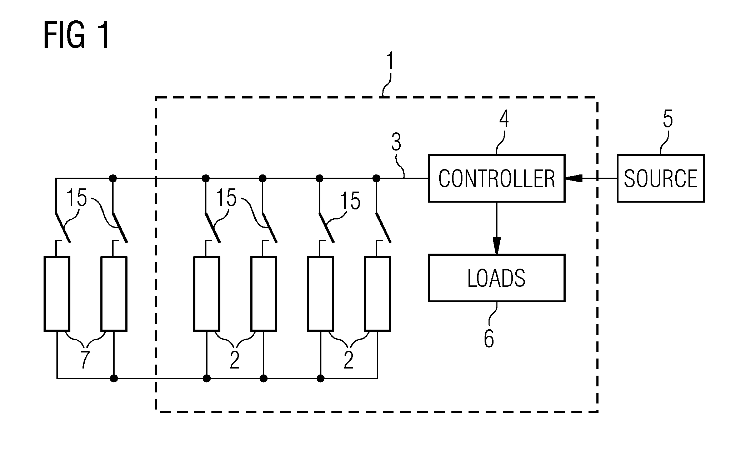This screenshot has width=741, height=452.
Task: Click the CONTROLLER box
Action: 496,178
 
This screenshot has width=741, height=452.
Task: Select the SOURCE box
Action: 661,178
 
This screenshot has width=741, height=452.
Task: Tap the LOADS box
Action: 496,278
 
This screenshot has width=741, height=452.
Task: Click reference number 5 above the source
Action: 667,119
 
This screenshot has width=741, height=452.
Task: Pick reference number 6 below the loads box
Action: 489,338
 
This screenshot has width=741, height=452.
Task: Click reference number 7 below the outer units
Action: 84,360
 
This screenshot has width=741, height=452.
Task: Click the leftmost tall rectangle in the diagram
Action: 57,294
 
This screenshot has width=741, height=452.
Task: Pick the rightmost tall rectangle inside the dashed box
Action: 377,294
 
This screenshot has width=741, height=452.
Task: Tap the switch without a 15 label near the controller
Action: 383,227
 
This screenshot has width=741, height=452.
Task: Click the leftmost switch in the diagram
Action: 62,227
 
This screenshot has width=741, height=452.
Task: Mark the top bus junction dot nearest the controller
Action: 376,178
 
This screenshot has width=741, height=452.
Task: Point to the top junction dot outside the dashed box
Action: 113,178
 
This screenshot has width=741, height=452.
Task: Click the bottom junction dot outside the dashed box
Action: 114,378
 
